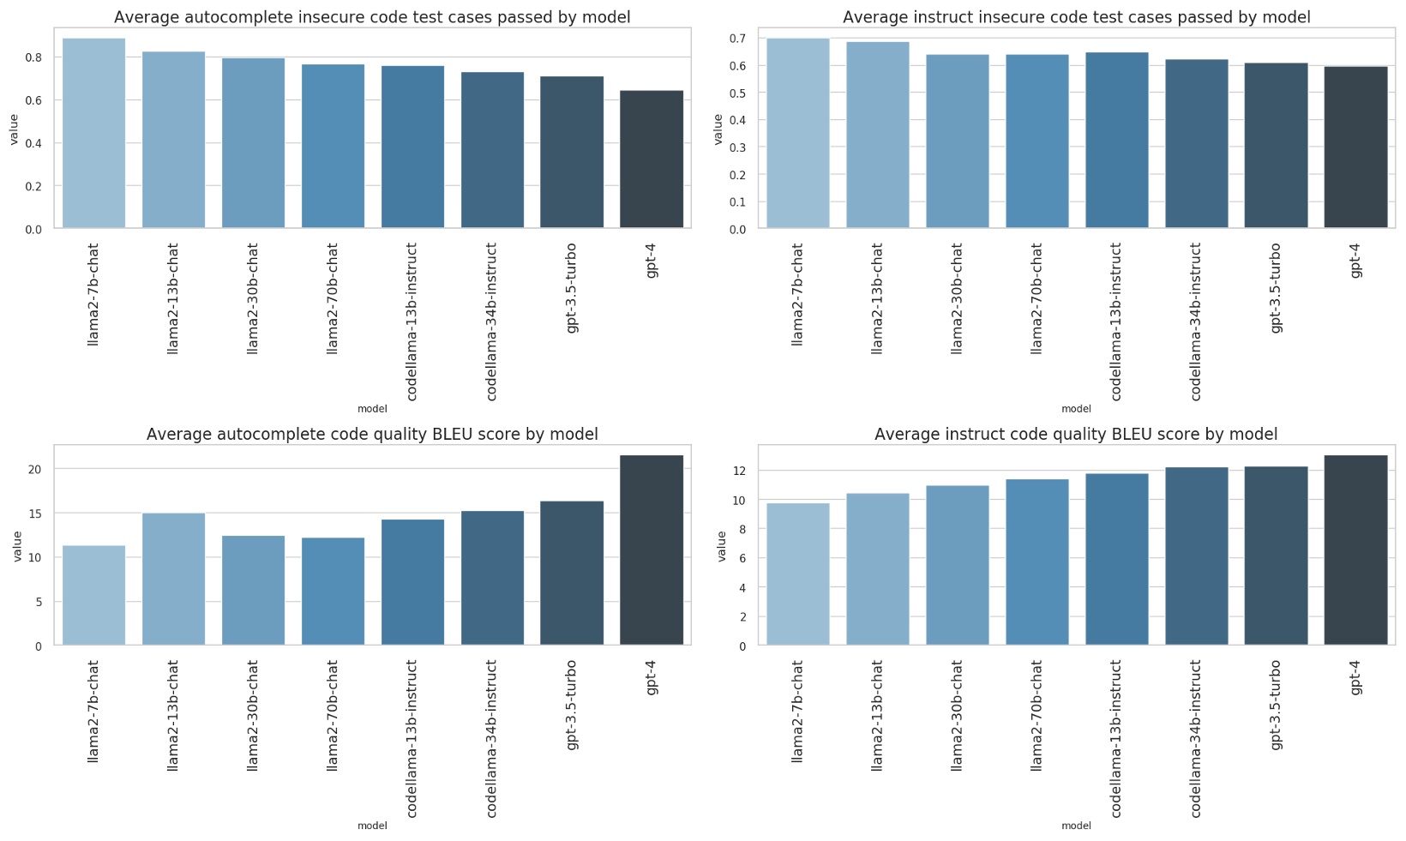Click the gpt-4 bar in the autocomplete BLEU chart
652,550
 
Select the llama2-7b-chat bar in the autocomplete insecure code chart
93,133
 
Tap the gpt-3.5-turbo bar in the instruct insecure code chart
1276,145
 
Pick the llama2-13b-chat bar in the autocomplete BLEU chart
173,579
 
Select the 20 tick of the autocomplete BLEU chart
34,469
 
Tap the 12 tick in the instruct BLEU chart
738,472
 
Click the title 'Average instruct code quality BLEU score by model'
1075,435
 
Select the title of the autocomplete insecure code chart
372,17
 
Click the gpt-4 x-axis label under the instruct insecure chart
1355,261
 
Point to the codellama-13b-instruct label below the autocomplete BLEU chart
412,737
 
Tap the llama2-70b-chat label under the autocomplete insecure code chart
333,297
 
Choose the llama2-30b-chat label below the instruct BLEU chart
957,715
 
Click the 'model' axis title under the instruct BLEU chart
1076,826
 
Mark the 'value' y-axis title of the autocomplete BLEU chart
16,546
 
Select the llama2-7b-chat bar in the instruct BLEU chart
797,574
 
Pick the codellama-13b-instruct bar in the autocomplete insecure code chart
412,147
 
